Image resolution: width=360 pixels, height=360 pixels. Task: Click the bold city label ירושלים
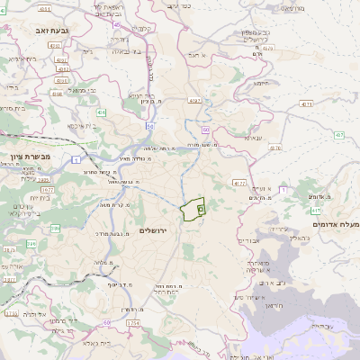coord(154,230)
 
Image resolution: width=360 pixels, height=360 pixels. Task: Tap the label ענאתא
coord(253,139)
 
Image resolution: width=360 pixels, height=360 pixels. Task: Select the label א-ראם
coord(197,56)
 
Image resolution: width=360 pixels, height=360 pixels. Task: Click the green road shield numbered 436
coord(102,112)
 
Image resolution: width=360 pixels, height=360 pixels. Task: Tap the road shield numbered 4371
coord(307,104)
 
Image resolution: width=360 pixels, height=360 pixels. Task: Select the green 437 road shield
coord(338,136)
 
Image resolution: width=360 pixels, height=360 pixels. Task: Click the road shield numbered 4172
coord(238,182)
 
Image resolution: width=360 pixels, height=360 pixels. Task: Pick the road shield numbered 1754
coord(133,322)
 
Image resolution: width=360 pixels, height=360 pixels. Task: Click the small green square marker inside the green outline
coord(200,208)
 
